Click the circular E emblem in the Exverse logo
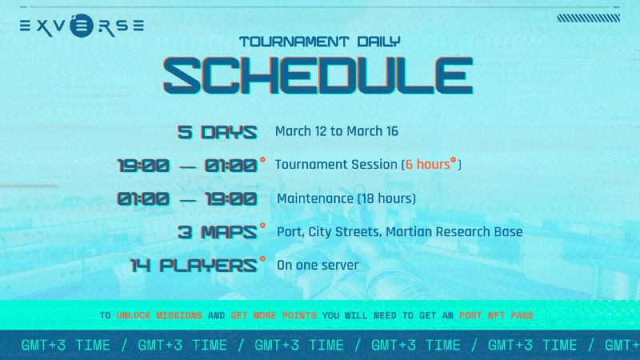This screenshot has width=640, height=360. (82, 26)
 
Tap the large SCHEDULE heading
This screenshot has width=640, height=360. (318, 76)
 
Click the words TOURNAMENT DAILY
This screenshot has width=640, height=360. (319, 42)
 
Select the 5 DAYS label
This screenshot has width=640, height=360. (217, 132)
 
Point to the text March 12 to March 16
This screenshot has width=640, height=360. (336, 131)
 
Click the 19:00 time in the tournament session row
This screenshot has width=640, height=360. (143, 166)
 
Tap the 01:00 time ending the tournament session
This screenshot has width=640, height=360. (230, 166)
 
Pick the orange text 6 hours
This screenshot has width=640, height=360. (428, 164)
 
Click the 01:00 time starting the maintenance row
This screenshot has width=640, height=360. (143, 199)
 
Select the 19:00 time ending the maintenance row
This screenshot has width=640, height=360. (231, 199)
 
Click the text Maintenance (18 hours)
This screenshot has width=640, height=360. (346, 198)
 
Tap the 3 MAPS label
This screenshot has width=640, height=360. (217, 232)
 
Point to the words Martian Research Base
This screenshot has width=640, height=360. (454, 232)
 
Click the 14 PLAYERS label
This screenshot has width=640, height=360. (194, 266)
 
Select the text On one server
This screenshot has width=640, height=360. (318, 266)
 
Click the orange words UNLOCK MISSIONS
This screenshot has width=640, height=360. (159, 315)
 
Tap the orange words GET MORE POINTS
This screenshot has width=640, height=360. (274, 315)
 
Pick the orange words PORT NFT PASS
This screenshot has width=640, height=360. (496, 315)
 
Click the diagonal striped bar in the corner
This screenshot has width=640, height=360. (589, 18)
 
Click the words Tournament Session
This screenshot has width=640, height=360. (336, 165)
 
